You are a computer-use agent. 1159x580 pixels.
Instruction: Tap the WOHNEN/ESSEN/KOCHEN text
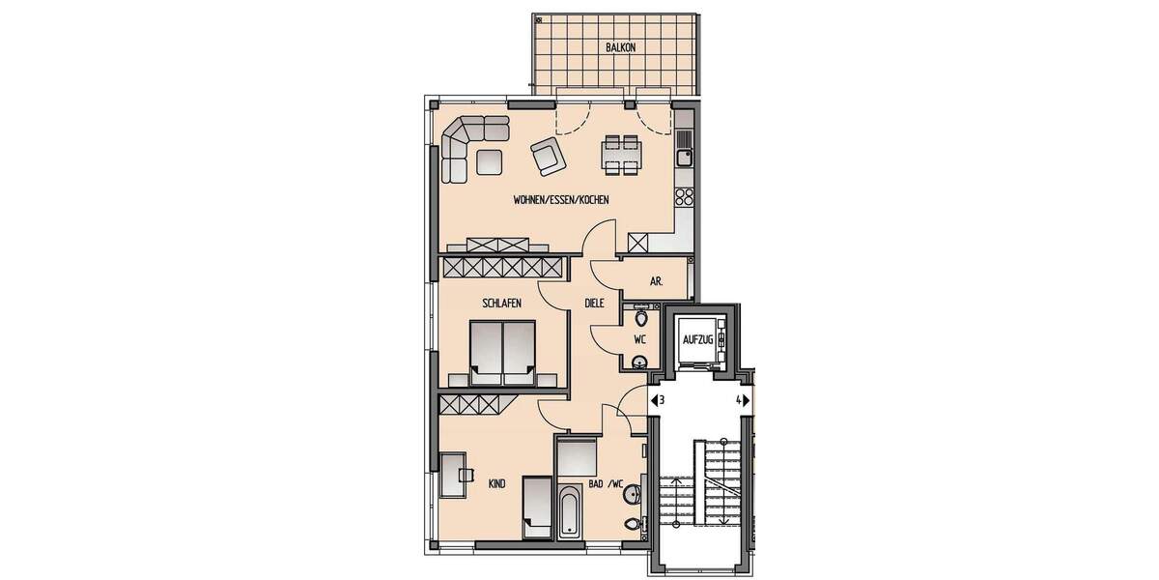tap(561, 200)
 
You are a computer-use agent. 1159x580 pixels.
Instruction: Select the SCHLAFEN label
tap(502, 303)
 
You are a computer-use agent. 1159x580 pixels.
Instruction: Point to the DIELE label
tap(594, 303)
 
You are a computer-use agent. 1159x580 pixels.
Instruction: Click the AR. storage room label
tap(656, 281)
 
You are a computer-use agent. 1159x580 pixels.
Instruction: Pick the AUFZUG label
tap(697, 340)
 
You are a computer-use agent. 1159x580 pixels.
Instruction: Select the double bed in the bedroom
tap(502, 350)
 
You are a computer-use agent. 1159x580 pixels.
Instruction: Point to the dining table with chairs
tap(619, 155)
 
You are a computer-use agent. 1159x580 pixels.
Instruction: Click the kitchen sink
tap(684, 154)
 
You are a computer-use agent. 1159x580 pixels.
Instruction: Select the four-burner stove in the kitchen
tap(684, 197)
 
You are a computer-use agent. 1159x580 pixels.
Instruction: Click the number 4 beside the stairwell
tap(739, 399)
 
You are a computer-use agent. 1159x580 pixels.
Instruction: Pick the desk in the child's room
tap(454, 474)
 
